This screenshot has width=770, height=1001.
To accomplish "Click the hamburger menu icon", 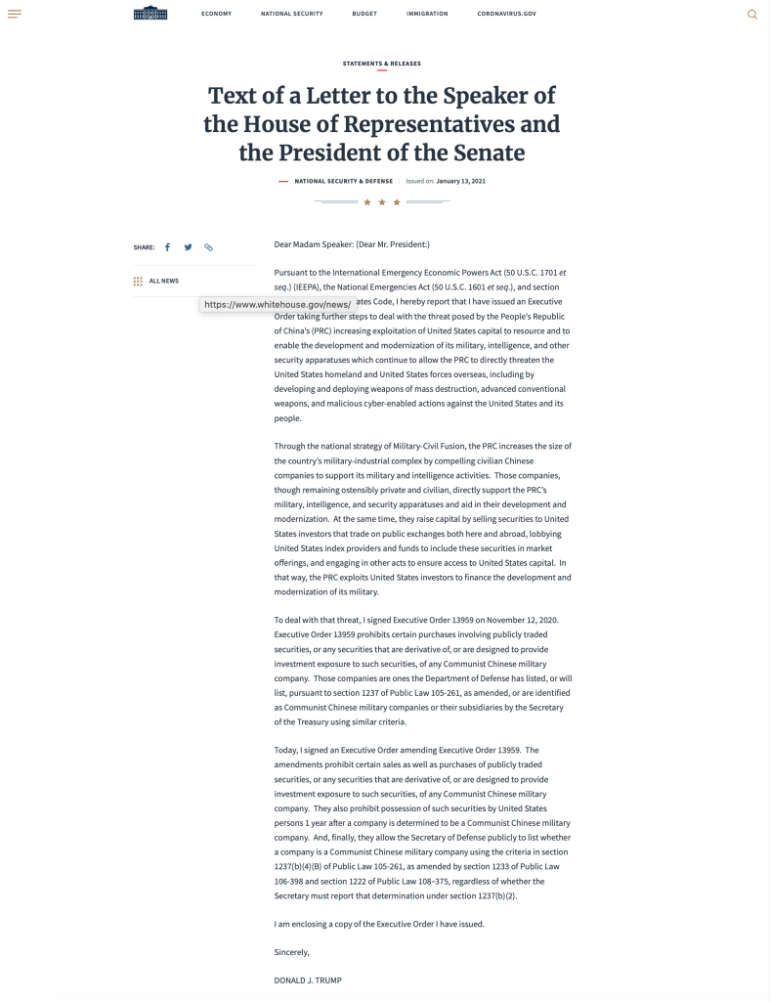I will coord(14,14).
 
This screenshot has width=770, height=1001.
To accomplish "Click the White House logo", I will coord(150,13).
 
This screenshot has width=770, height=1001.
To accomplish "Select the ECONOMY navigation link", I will coord(216,14).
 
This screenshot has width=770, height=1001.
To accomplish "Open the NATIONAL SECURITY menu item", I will coord(291,14).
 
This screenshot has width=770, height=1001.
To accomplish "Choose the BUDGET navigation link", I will coord(364,14).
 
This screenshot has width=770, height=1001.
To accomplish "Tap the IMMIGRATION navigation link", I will coord(427,14).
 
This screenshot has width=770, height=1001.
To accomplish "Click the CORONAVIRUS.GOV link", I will coord(506,14).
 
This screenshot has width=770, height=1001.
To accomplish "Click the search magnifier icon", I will coord(751,14).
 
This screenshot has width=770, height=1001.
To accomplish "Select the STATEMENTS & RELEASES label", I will coord(381,64).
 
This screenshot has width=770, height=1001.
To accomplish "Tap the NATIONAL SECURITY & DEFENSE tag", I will coord(343,181).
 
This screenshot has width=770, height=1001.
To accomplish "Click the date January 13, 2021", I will coord(460,181).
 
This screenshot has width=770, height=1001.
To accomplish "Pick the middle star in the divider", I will coord(382,202).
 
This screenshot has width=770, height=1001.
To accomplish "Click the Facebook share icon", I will coord(167,247).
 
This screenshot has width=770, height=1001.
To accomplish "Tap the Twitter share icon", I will coord(188,247).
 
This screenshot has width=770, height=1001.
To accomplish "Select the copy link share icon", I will coord(208,247).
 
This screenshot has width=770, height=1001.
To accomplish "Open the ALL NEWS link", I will coord(163,281).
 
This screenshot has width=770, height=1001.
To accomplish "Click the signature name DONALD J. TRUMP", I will coord(309,979).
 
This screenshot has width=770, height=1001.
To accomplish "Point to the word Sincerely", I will coord(292,951).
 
